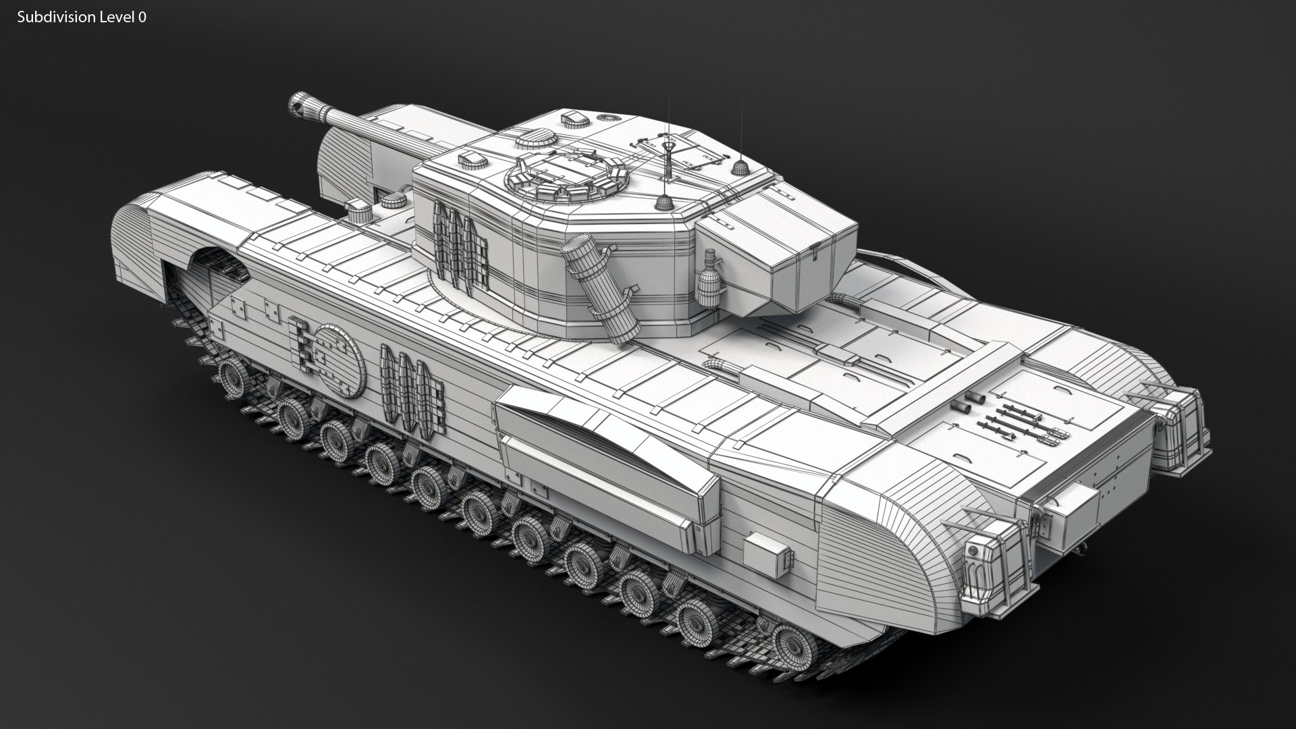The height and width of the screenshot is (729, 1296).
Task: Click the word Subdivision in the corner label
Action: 56,18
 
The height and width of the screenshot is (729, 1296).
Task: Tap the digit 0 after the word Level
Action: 142,18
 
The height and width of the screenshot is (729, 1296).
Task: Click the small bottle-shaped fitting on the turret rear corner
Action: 708,277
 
